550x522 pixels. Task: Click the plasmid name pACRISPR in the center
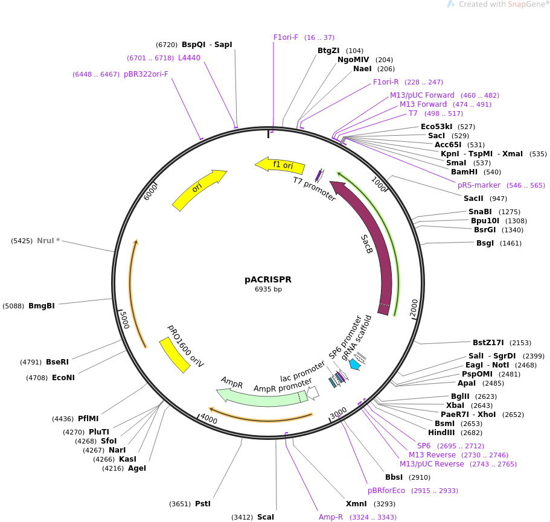268,279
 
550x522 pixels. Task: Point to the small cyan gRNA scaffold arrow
355,364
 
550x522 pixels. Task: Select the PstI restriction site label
203,503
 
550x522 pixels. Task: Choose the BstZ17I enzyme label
488,343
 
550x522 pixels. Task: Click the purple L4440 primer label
189,58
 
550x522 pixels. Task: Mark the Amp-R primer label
331,517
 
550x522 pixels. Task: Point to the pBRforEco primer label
386,491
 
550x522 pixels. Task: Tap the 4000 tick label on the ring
209,419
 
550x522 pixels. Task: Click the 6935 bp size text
268,290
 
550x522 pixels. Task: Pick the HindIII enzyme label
441,432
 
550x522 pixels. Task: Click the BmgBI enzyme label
42,306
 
